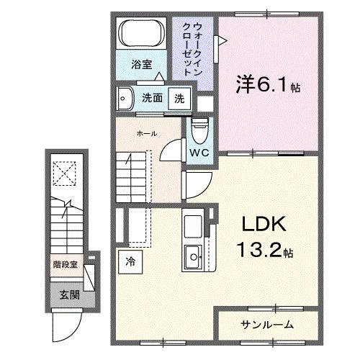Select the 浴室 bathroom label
[x=141, y=65]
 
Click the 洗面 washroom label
[x=150, y=98]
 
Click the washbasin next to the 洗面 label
[x=126, y=98]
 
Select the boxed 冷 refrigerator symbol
[x=131, y=261]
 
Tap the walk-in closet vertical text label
[x=193, y=48]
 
